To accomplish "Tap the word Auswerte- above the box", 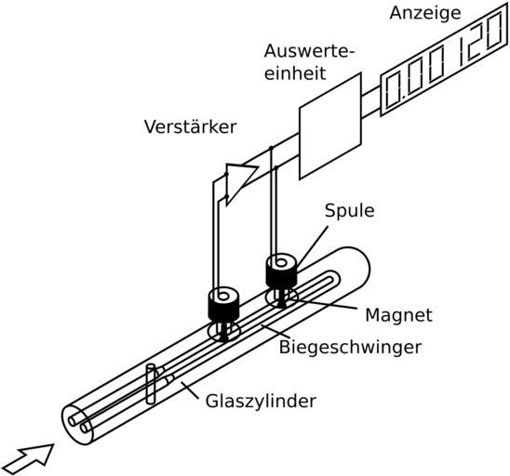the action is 308,51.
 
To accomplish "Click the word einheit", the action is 295,73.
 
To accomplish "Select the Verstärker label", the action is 190,126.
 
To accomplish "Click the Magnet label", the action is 398,315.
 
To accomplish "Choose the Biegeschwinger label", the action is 350,348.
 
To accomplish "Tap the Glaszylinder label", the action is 261,402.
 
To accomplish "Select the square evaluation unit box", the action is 329,126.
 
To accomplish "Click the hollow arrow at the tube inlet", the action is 29,458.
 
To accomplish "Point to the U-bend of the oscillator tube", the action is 335,279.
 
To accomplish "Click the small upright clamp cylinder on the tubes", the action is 151,384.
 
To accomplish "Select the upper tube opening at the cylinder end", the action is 73,421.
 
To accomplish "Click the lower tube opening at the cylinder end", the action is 85,428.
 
